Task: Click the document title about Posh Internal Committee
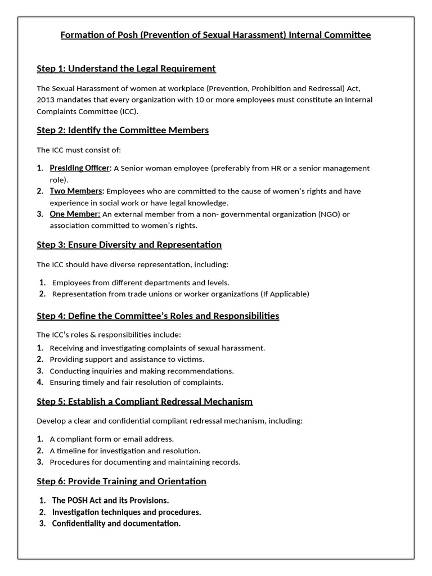point(215,35)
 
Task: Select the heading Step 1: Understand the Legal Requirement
point(126,69)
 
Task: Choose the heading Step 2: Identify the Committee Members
point(123,130)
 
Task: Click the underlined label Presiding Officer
point(80,168)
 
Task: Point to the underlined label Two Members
point(76,191)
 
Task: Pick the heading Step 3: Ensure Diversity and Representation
point(129,245)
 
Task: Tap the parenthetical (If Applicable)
point(285,294)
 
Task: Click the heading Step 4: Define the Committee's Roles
point(157,316)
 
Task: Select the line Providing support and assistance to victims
point(127,359)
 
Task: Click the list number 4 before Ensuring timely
point(40,382)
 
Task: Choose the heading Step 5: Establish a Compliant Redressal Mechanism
point(145,402)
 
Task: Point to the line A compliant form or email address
point(111,439)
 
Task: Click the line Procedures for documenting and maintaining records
point(145,462)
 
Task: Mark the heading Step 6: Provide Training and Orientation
point(121,481)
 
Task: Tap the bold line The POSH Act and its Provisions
point(110,500)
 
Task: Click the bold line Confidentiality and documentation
point(116,523)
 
